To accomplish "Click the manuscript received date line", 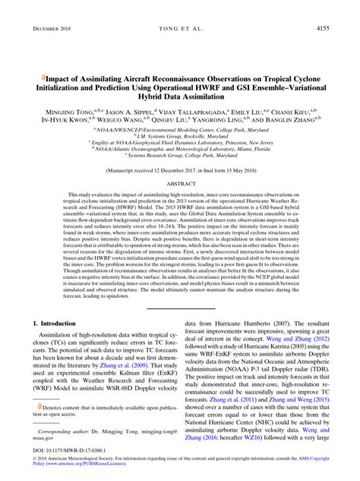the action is pyautogui.click(x=180, y=171).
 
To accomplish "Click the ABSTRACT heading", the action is pyautogui.click(x=180, y=184).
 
